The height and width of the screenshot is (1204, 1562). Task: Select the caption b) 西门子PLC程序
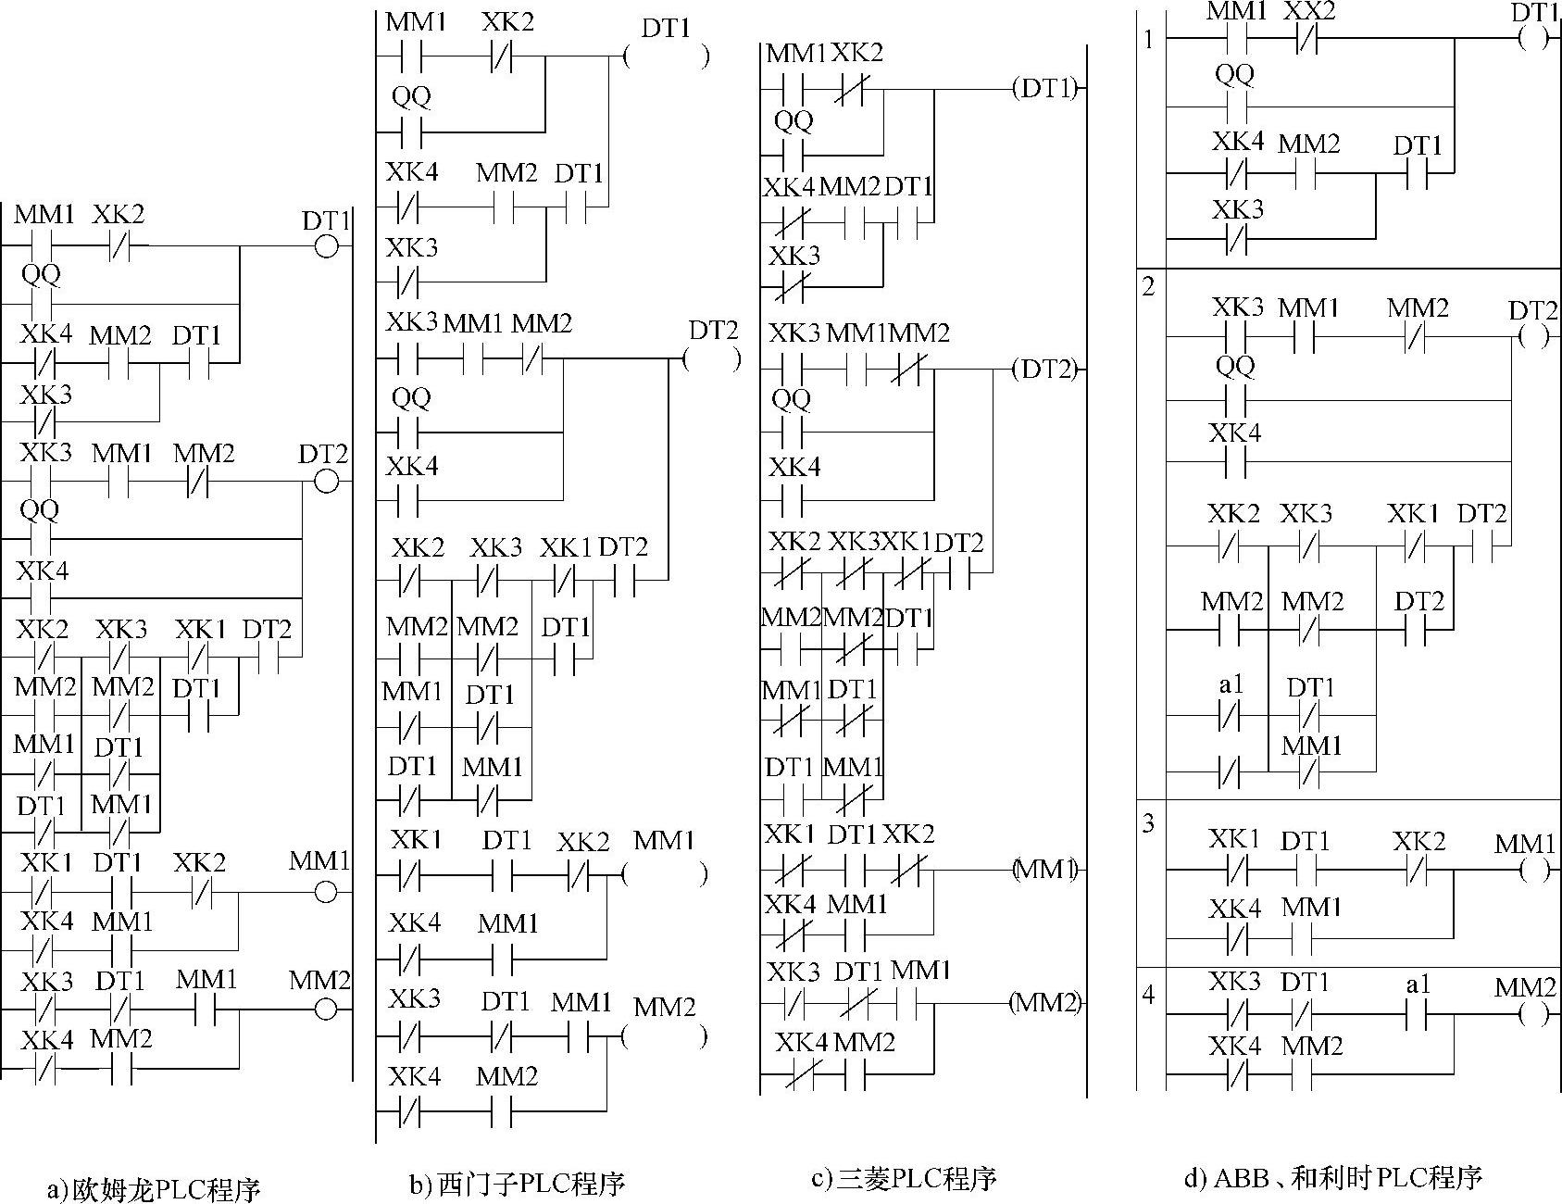518,1183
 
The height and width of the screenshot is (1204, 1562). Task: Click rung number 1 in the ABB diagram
1149,41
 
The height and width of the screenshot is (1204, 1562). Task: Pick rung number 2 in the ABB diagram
1149,287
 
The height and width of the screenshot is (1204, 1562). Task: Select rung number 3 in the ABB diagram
1149,822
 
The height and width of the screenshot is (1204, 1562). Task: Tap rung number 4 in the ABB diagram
1149,996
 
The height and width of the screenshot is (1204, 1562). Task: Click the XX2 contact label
1308,13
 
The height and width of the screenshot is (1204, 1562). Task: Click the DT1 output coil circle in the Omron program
326,247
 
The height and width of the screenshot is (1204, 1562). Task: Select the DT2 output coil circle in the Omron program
326,482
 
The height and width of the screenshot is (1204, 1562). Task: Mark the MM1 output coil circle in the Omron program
326,893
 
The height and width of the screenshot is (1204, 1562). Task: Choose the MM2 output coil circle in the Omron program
326,1010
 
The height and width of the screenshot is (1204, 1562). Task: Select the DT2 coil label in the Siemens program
714,331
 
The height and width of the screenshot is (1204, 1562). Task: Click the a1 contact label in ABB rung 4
1418,985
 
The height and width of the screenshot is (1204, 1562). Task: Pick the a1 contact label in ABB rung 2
1231,685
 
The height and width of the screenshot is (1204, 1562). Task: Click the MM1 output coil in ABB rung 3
1533,872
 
